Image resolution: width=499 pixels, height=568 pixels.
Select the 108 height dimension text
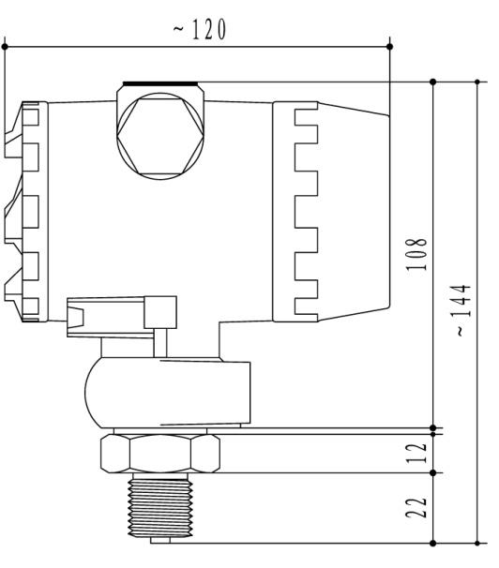coord(423,253)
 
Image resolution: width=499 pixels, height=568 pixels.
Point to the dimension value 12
coord(422,453)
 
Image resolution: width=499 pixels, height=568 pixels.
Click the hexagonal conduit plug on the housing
coord(159,131)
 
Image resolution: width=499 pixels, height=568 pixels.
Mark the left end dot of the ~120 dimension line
coord(6,45)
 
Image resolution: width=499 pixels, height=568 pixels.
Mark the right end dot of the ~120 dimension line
coord(390,45)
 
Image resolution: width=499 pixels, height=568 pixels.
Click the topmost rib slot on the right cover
coord(306,119)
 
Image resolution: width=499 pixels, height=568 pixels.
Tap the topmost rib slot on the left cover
coord(30,117)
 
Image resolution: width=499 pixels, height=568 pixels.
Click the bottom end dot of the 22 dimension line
coord(432,542)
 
